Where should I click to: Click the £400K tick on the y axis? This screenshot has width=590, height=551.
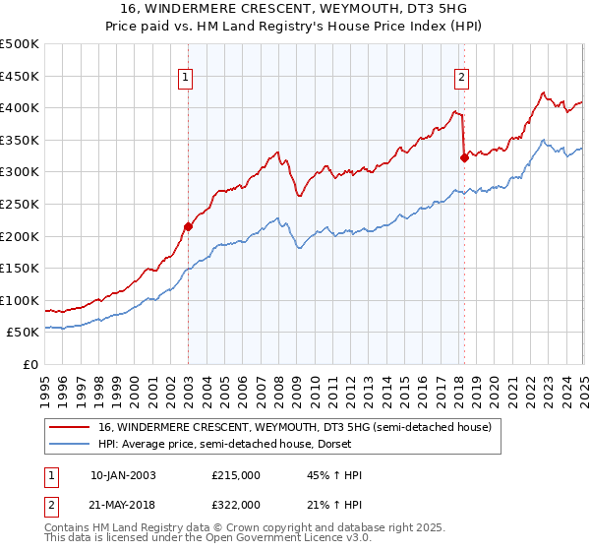tap(22, 108)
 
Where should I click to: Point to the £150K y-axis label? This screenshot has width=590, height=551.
tap(22, 268)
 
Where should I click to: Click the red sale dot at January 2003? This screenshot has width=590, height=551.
tap(188, 226)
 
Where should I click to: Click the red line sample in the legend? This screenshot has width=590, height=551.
tap(71, 427)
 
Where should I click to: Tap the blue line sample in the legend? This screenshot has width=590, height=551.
tap(71, 445)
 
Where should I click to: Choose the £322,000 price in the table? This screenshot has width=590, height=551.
tap(236, 504)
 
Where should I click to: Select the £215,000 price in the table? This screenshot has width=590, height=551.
tap(236, 475)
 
